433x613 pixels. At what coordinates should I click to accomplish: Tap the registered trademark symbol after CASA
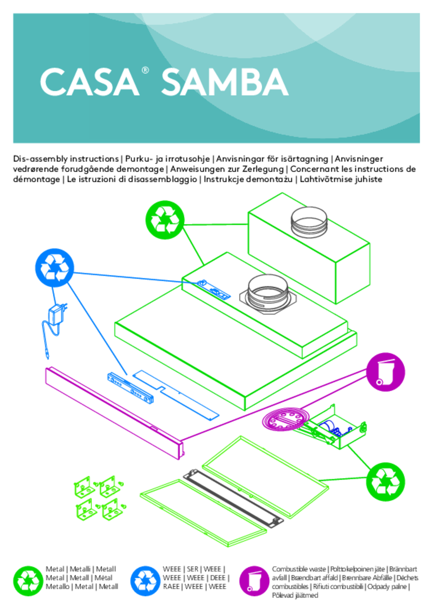(x=145, y=70)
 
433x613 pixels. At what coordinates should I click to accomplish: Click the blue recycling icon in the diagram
(x=54, y=268)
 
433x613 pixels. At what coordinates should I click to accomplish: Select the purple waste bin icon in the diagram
(x=385, y=372)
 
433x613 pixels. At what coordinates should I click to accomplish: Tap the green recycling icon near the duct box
(x=165, y=220)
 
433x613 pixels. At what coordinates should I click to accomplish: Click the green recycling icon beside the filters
(x=385, y=482)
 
